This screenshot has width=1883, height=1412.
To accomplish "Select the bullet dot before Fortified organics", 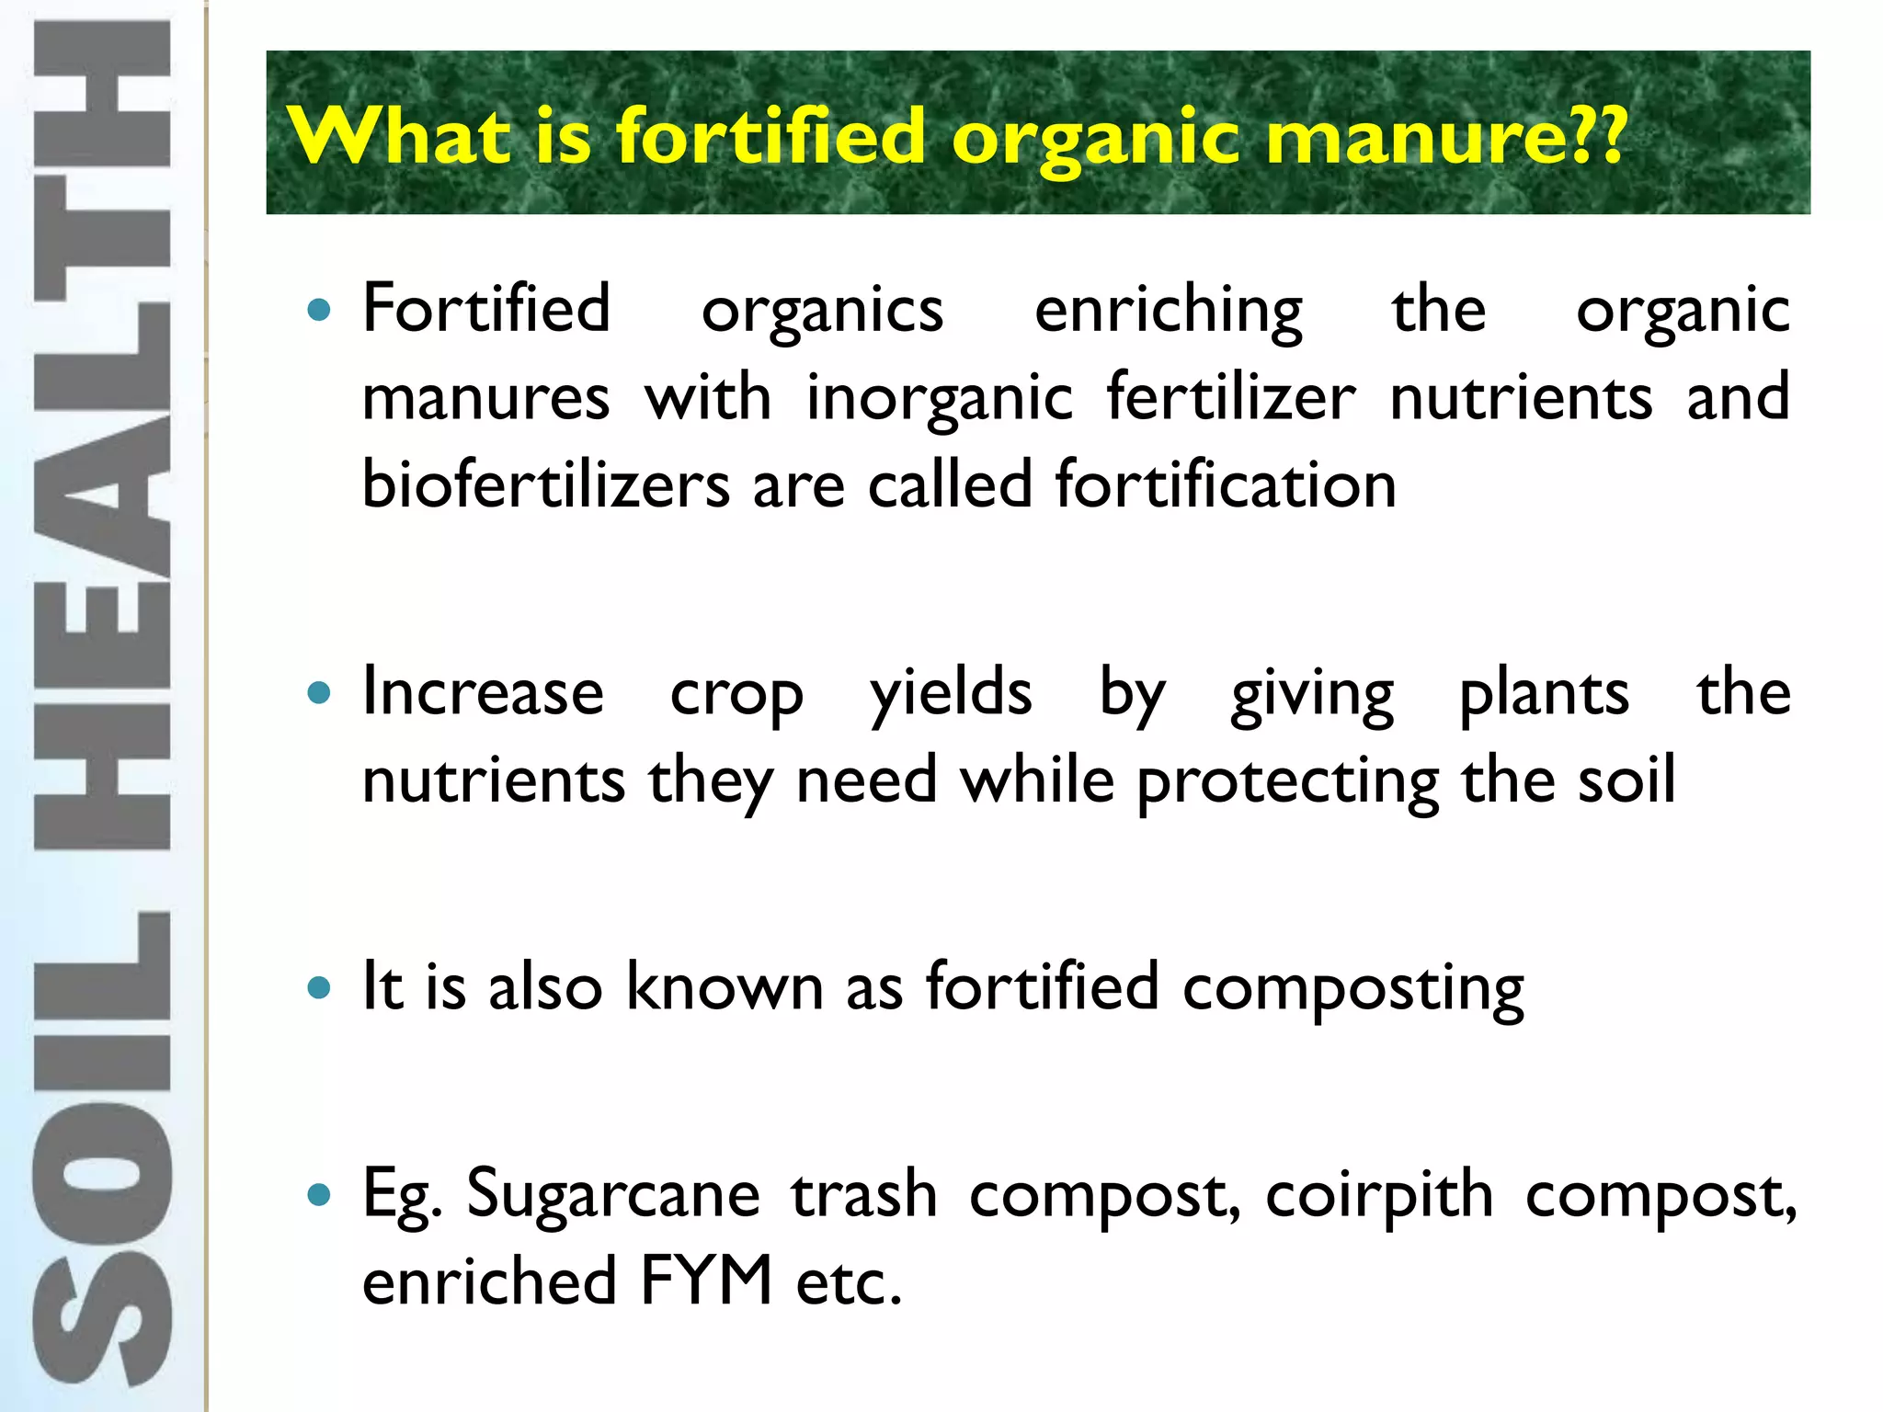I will click(319, 310).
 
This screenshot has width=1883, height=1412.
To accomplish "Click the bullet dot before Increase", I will click(319, 693).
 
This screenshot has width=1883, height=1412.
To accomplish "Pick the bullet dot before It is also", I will click(319, 988).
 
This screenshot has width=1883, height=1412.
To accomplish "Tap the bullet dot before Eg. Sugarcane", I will click(319, 1195).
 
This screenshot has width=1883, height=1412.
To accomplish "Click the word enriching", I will click(1168, 311).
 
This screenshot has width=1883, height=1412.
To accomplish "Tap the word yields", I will click(951, 694).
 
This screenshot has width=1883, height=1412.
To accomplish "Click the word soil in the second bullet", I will click(1626, 780).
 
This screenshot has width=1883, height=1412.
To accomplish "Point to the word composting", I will click(1352, 989).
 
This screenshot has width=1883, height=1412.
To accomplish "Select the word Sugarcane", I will click(613, 1195).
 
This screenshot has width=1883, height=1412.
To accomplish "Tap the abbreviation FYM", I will click(706, 1281).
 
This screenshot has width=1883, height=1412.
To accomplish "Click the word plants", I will click(1544, 694).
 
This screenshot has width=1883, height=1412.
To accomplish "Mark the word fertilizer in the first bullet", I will click(1230, 398).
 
